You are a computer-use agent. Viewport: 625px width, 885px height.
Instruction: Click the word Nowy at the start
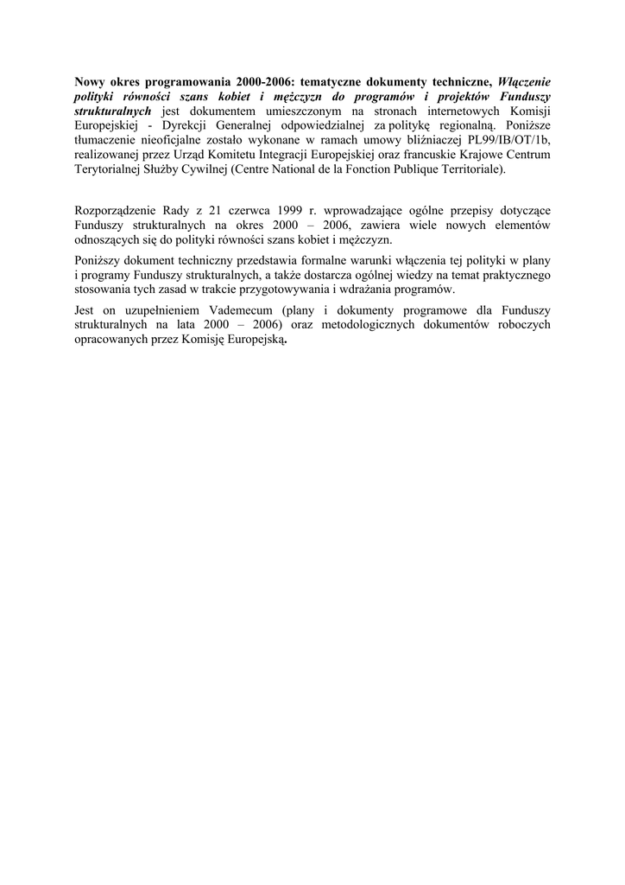91,80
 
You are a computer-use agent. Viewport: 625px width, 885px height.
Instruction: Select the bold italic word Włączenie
524,80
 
